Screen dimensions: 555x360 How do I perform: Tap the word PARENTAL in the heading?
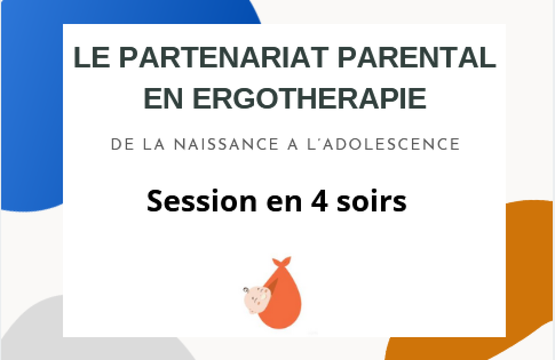(417, 57)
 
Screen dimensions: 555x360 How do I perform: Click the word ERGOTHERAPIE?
(310, 98)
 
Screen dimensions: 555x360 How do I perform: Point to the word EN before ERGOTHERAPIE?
(163, 98)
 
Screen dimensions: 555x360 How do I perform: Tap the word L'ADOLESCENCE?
(383, 145)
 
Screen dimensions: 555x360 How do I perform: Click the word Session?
(202, 201)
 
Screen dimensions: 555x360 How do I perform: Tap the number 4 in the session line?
(319, 201)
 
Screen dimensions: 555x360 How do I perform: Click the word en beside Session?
(284, 203)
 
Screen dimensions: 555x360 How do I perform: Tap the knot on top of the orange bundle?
(282, 262)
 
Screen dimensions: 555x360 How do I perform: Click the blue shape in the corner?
(32, 106)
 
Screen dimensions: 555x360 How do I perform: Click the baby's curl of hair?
(245, 290)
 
